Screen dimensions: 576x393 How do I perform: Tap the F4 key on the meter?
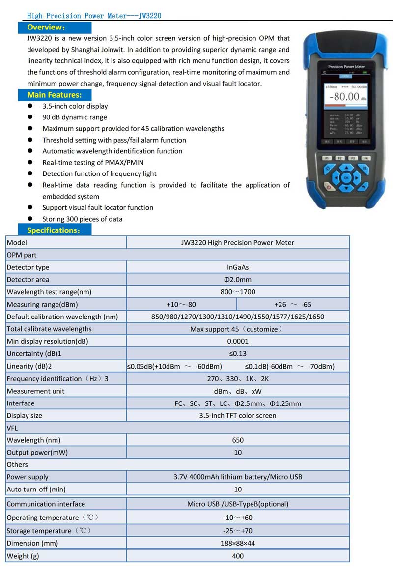365,158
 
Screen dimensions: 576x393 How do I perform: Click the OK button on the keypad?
346,177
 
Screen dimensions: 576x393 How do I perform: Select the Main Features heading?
54,95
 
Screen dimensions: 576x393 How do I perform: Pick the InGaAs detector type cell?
238,267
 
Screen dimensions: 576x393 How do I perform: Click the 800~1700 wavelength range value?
238,292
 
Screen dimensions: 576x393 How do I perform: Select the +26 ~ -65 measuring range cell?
293,304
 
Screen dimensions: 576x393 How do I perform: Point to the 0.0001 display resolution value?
238,341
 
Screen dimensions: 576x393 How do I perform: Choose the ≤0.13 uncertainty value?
238,353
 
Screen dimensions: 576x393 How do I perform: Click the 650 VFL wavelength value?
238,440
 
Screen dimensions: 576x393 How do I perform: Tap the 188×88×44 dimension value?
238,543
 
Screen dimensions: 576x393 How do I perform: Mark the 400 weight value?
238,556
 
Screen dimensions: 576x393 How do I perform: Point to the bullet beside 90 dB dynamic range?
30,117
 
